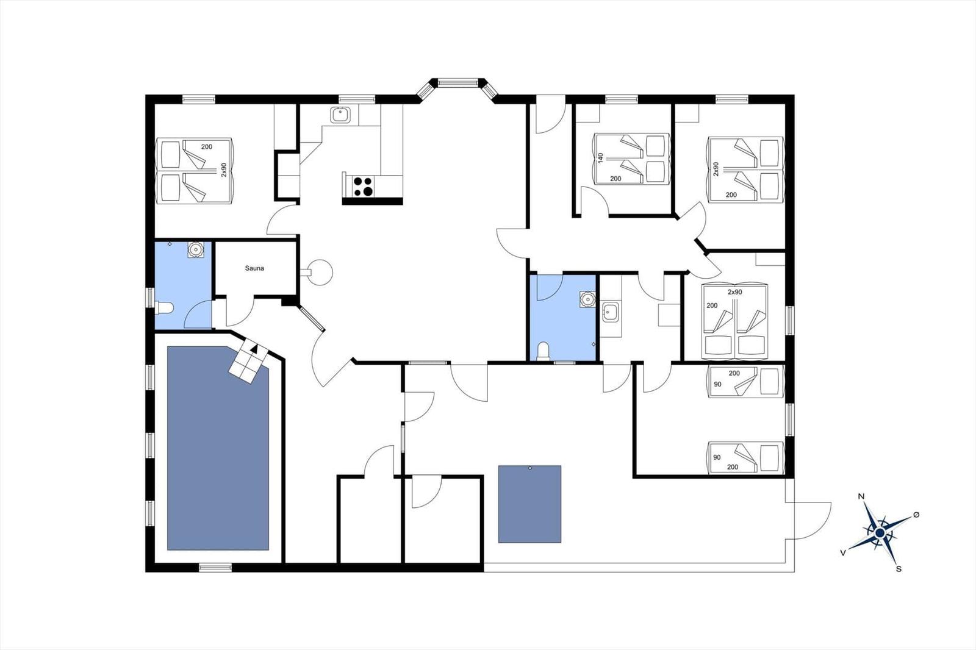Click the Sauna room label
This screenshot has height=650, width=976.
click(254, 268)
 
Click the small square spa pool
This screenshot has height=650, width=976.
click(529, 504)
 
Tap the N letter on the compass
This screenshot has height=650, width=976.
click(861, 496)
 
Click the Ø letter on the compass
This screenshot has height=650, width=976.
click(916, 515)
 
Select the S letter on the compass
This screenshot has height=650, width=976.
click(898, 569)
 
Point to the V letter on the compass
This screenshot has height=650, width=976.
click(843, 553)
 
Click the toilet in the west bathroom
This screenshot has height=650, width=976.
click(164, 308)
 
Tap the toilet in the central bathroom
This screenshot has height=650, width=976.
click(543, 352)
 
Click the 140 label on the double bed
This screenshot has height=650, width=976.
click(600, 158)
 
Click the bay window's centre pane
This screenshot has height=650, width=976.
click(457, 82)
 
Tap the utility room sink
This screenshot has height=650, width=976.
click(611, 312)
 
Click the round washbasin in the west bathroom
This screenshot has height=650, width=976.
click(196, 249)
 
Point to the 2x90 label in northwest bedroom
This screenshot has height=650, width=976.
click(223, 170)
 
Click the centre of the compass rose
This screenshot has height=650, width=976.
click(880, 534)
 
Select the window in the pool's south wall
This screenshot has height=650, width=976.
click(215, 567)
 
